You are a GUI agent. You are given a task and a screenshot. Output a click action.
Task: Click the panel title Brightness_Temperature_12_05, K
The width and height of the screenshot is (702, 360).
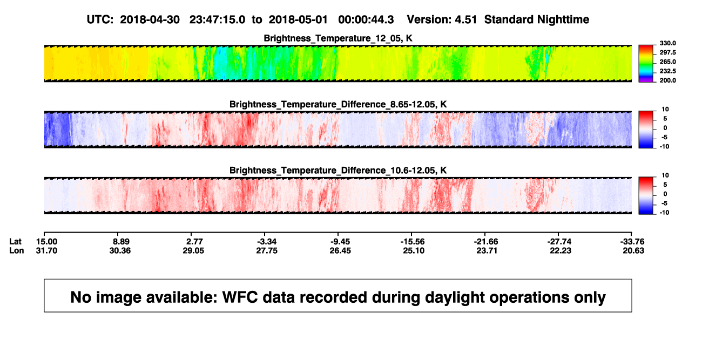tap(338, 38)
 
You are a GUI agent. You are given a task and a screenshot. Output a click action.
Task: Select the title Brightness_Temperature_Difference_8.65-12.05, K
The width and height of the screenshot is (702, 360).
tap(338, 104)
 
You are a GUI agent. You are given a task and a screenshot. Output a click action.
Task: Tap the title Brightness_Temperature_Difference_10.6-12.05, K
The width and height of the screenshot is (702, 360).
tap(338, 171)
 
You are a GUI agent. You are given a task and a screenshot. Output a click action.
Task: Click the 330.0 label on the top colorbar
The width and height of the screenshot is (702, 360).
tap(667, 43)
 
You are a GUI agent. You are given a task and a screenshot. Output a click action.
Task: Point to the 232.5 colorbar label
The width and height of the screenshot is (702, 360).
tap(667, 71)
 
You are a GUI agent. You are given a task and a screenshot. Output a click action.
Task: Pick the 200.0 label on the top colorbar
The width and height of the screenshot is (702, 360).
tap(667, 80)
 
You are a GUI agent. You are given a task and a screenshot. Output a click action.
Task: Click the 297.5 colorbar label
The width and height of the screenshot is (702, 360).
tap(667, 52)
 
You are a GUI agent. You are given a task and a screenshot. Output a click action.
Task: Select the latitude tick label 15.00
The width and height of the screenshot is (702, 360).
tap(46, 242)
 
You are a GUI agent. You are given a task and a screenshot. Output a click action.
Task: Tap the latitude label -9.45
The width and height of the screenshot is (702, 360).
tap(340, 242)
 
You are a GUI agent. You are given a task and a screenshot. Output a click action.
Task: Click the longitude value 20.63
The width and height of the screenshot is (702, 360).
tap(633, 250)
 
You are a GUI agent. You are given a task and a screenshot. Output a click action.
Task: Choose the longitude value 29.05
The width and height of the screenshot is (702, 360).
tap(193, 250)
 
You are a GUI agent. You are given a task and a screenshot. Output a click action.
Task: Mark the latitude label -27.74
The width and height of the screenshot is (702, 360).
tap(559, 242)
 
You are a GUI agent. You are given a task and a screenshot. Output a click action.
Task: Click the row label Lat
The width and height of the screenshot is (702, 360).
tap(15, 242)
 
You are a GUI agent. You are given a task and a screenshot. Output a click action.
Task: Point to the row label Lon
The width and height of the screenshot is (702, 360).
tap(17, 250)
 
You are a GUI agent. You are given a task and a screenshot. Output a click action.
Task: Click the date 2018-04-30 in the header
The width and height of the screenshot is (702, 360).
tap(150, 19)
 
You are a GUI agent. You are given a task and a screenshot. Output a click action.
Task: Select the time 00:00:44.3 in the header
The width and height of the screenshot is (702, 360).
tap(366, 19)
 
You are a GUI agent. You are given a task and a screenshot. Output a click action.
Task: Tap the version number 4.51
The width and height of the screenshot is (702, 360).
tap(466, 19)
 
